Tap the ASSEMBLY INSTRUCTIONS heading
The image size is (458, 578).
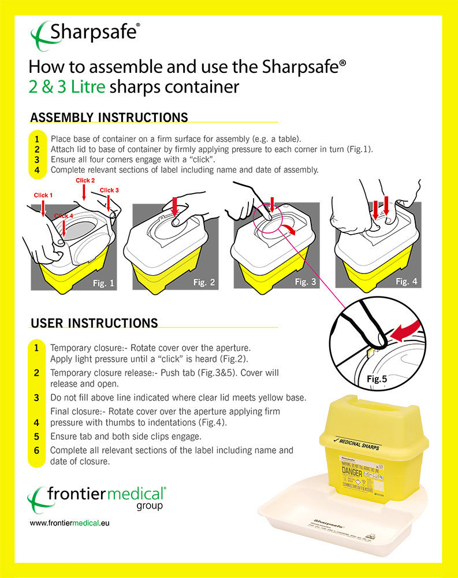[109, 118]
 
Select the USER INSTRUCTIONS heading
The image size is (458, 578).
[94, 323]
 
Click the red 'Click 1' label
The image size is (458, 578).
[43, 195]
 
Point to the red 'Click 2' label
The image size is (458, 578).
[85, 180]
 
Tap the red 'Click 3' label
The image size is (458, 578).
[109, 190]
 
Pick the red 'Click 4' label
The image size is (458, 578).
[64, 216]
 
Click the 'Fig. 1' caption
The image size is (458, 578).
[105, 283]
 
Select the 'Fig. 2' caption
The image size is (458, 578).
[204, 283]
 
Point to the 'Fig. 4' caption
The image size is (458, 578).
[406, 281]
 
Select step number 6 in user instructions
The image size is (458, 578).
[36, 450]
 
